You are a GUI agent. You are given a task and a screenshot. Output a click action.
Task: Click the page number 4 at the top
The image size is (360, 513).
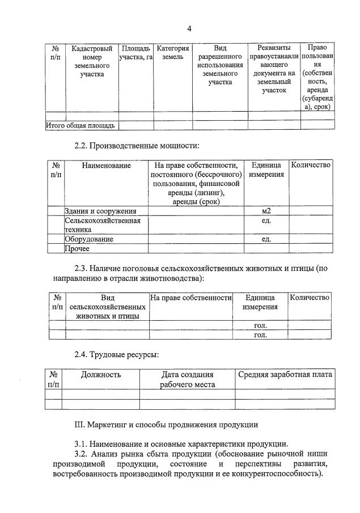click(190, 29)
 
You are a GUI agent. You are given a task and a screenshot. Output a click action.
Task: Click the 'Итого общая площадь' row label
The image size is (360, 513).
click(81, 125)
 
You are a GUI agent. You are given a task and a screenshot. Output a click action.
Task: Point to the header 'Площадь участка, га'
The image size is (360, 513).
click(136, 53)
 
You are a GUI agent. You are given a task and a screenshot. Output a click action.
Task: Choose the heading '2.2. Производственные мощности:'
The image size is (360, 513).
click(137, 146)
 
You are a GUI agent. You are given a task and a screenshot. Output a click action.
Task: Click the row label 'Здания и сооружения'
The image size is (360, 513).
click(100, 211)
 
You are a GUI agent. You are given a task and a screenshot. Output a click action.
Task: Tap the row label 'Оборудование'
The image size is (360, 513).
click(88, 239)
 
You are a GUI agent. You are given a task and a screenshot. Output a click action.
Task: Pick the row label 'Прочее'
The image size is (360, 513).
click(77, 248)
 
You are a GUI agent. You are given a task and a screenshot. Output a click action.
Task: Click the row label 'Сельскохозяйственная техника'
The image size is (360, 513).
click(102, 225)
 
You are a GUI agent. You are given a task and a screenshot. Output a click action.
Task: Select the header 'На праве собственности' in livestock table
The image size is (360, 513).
click(191, 298)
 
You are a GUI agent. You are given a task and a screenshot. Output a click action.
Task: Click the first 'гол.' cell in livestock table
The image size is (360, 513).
click(260, 325)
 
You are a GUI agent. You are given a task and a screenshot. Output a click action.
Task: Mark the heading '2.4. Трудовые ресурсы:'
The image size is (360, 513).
click(116, 355)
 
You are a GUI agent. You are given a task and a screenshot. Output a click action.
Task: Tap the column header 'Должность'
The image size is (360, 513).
click(101, 375)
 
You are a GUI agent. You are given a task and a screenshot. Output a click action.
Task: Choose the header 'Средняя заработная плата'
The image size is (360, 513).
click(285, 375)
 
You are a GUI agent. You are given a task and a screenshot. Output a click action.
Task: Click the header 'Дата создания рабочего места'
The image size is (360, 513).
click(187, 379)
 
